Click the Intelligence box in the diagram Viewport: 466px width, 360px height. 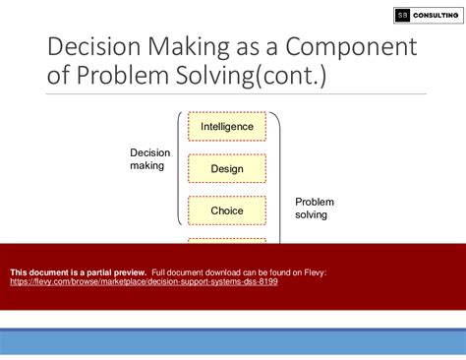(x=227, y=126)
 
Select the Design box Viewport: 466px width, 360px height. (x=227, y=168)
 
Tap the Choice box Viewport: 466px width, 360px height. (x=227, y=210)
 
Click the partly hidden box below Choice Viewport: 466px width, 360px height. (x=227, y=241)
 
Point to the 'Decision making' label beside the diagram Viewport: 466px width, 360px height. (x=149, y=159)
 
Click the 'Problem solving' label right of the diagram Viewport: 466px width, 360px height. (x=315, y=208)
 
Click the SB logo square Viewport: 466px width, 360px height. (x=403, y=15)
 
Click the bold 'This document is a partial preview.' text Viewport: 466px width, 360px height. (x=79, y=271)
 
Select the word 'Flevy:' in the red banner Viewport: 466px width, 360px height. (x=314, y=271)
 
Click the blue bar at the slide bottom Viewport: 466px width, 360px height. (x=233, y=342)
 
